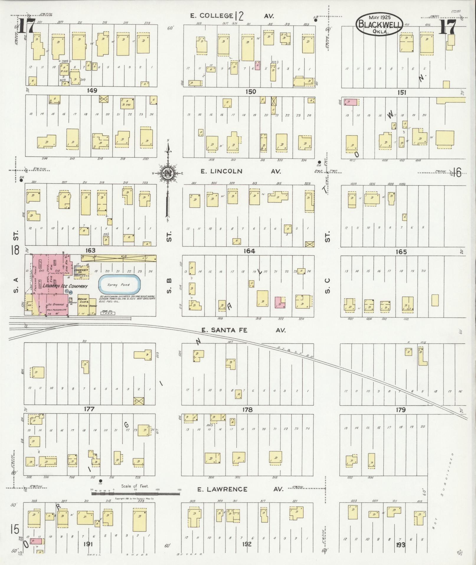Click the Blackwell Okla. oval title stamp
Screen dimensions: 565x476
coord(379,24)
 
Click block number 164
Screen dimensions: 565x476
coord(249,251)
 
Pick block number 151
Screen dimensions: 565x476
coord(402,92)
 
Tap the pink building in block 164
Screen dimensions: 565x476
coord(280,303)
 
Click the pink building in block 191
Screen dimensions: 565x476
coord(37,541)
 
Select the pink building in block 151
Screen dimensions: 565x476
coord(351,102)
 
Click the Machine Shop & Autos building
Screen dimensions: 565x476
coord(83,305)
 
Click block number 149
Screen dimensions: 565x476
coord(92,91)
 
